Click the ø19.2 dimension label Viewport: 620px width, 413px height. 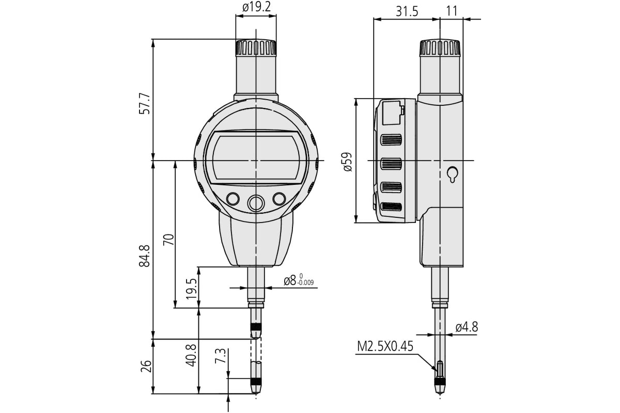(x=256, y=7)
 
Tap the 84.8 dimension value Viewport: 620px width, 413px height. (x=145, y=256)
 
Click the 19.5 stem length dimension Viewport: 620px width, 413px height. (x=191, y=288)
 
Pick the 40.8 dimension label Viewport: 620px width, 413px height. (x=191, y=355)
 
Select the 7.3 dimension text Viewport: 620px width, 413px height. (x=220, y=356)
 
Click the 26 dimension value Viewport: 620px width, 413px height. (x=146, y=366)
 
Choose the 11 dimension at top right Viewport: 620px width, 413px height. (x=452, y=12)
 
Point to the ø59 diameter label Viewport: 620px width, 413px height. (x=347, y=162)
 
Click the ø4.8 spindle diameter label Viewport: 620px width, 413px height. (x=467, y=327)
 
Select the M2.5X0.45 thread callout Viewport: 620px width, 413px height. (x=385, y=346)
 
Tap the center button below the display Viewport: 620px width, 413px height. (x=256, y=203)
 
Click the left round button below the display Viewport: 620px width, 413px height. (x=233, y=199)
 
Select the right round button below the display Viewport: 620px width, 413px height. (x=280, y=199)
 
